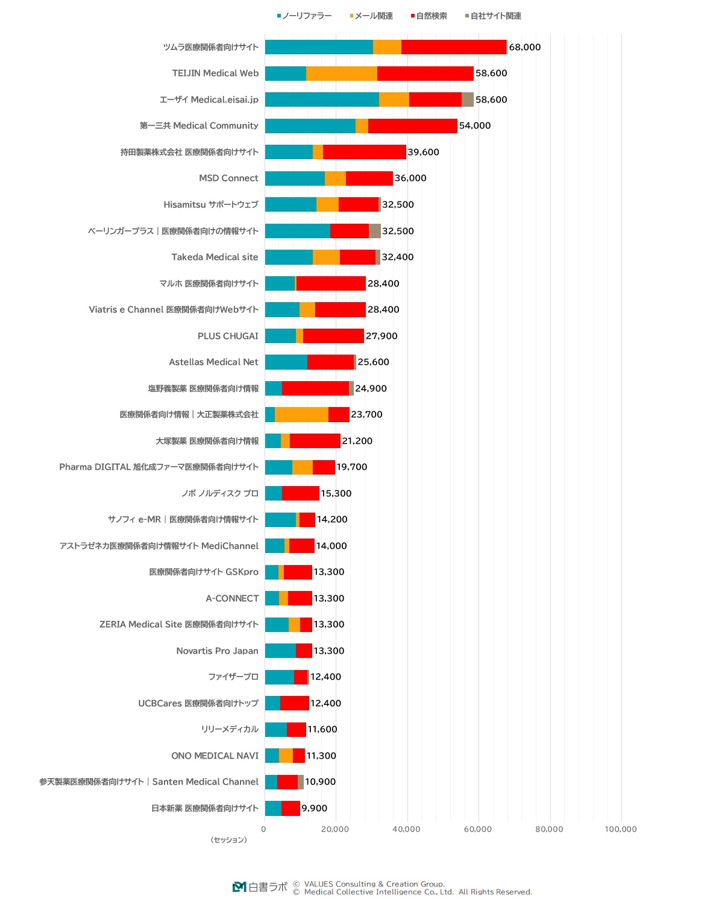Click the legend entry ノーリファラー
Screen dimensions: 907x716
point(304,16)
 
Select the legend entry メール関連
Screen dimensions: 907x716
point(371,16)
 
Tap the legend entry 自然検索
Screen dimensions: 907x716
point(429,16)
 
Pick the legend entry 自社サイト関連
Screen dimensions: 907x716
point(493,16)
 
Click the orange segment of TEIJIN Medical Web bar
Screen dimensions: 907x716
point(341,74)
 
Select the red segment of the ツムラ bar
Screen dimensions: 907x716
point(453,47)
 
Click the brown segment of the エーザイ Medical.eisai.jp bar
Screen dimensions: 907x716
point(467,100)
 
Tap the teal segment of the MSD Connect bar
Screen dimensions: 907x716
point(294,179)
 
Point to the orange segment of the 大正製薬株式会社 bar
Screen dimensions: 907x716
point(301,415)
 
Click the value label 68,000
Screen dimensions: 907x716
point(524,47)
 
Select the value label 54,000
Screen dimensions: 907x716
point(475,125)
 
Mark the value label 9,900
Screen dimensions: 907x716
point(314,808)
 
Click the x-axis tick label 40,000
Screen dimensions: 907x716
point(406,829)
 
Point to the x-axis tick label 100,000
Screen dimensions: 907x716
point(620,829)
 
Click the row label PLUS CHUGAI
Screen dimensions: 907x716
point(228,336)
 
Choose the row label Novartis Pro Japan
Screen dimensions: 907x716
point(217,651)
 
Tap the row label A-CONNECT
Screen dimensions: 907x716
point(232,598)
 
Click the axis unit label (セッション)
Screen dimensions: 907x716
point(228,840)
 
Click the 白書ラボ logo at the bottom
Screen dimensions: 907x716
point(260,887)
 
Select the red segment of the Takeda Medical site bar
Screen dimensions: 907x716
point(357,257)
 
